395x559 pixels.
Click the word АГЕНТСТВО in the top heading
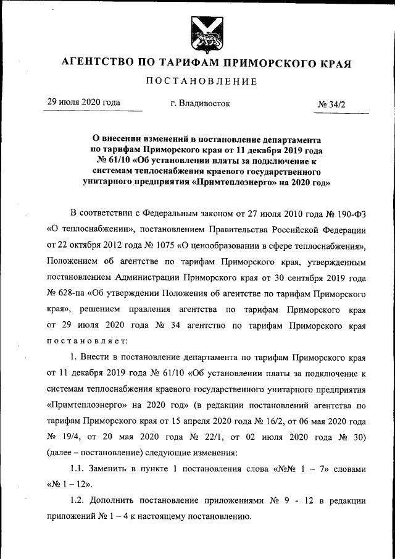click(x=96, y=63)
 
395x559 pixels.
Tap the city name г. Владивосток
click(x=200, y=104)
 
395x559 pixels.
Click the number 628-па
click(x=68, y=292)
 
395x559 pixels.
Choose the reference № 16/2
click(x=254, y=421)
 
